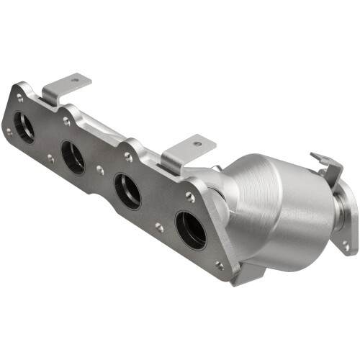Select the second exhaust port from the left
click(x=73, y=157)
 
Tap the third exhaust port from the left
click(x=128, y=192)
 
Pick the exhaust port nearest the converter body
click(x=190, y=230)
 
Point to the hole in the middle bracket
click(x=197, y=144)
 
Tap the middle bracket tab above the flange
click(x=187, y=151)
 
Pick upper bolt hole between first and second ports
click(x=66, y=122)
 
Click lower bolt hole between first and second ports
click(x=50, y=158)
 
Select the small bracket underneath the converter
click(x=245, y=274)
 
